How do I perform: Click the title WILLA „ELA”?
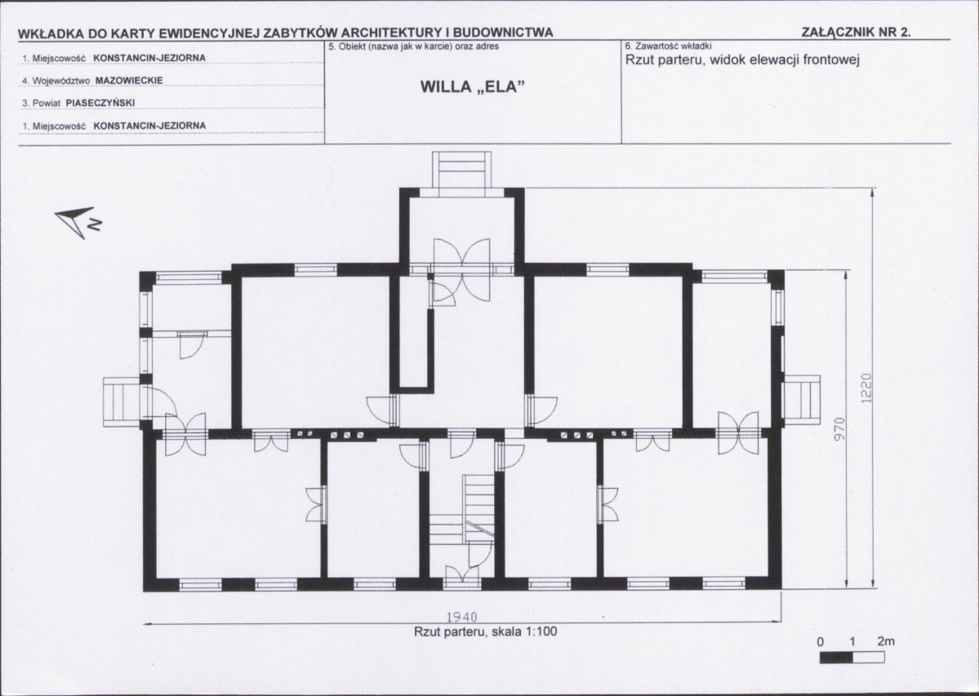pyautogui.click(x=471, y=87)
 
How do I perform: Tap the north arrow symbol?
pyautogui.click(x=78, y=221)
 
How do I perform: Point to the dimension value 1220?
pyautogui.click(x=866, y=388)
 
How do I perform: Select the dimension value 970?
pyautogui.click(x=839, y=429)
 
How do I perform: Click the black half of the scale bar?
pyautogui.click(x=836, y=658)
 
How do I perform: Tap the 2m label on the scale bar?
pyautogui.click(x=885, y=641)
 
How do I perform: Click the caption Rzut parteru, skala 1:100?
pyautogui.click(x=485, y=632)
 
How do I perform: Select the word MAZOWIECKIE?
pyautogui.click(x=129, y=81)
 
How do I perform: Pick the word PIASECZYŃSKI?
pyautogui.click(x=100, y=103)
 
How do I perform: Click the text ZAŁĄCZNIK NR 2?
pyautogui.click(x=856, y=33)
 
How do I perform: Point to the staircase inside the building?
pyautogui.click(x=462, y=509)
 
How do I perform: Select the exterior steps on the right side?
pyautogui.click(x=801, y=400)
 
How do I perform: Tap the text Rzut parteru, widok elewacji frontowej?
pyautogui.click(x=743, y=60)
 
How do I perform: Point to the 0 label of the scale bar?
pyautogui.click(x=821, y=642)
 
